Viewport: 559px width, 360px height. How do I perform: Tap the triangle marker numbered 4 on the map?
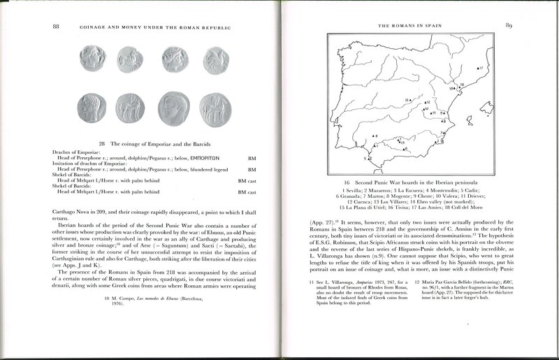coord(374,136)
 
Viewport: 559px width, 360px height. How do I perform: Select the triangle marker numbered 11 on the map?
coord(410,101)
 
